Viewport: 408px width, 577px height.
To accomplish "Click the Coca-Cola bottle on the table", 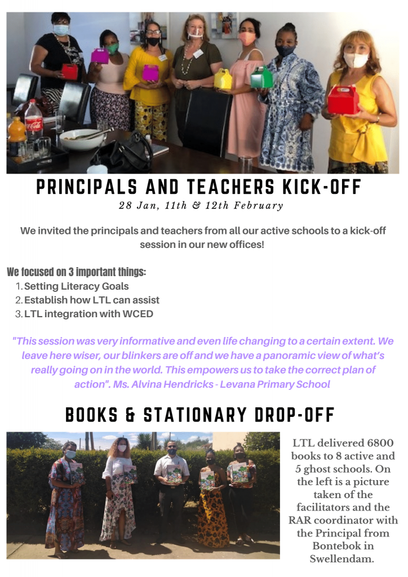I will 33,121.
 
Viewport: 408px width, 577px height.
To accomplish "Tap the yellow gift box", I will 223,79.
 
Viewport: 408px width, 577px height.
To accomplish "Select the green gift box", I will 261,78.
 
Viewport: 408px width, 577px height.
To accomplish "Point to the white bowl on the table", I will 82,139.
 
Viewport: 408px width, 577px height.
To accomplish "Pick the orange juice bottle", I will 17,132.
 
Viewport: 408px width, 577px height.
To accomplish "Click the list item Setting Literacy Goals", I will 76,286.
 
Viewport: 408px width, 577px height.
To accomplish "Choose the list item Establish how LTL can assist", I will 91,300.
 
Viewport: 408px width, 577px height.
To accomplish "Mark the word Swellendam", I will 341,559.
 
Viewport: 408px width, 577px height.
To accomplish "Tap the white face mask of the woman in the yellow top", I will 355,60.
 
